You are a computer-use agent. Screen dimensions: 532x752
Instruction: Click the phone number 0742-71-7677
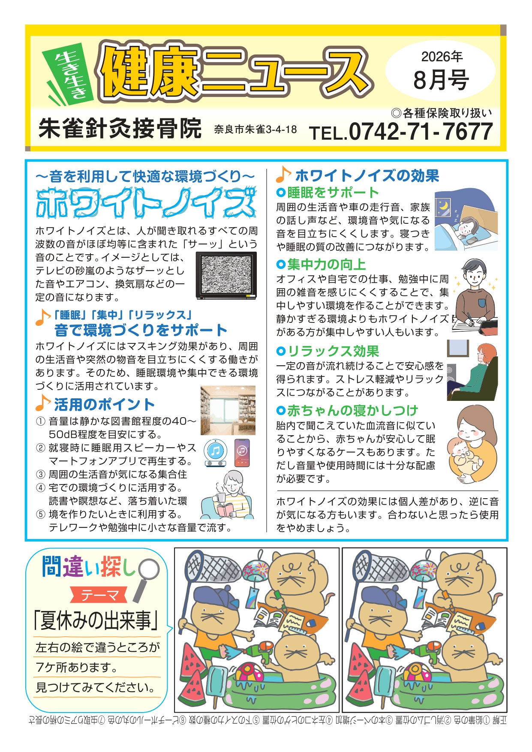(x=421, y=131)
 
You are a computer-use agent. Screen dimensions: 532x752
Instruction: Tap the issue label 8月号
(x=441, y=80)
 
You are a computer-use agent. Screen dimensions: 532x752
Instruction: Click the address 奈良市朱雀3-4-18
(x=255, y=129)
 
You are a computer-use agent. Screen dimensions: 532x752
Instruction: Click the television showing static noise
(x=226, y=275)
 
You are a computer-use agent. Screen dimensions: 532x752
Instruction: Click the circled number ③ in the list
(x=41, y=475)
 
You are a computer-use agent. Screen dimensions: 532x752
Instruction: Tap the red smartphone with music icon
(x=242, y=453)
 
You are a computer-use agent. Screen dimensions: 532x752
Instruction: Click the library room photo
(x=228, y=410)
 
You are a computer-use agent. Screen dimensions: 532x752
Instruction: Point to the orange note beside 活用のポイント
(x=43, y=403)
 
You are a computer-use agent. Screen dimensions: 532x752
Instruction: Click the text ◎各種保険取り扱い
(x=442, y=113)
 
